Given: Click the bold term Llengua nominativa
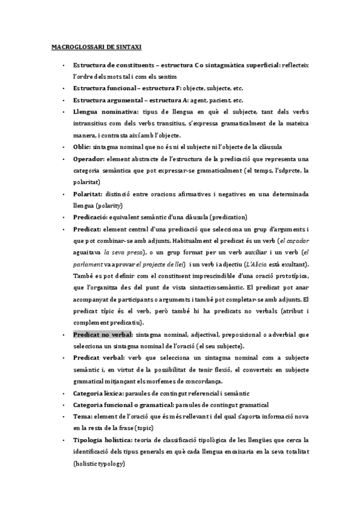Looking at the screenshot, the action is [102, 112].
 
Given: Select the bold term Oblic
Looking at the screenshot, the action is [83, 147].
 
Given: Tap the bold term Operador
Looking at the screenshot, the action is [89, 159].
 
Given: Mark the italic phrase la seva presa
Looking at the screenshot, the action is [123, 253].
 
